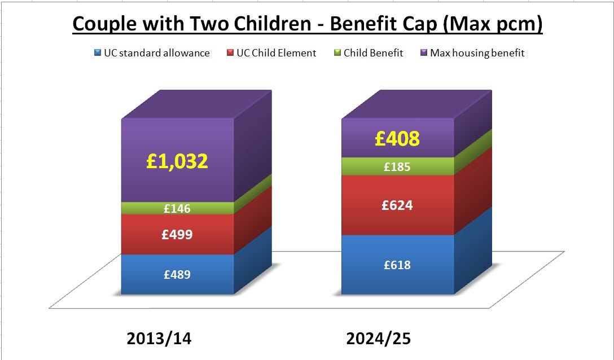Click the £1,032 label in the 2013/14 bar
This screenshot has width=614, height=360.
coord(177,161)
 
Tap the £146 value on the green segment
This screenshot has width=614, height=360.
coord(177,209)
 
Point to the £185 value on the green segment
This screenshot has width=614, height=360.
coord(397,166)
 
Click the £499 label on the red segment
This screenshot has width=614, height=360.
coord(177,234)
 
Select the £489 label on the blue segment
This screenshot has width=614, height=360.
coord(177,275)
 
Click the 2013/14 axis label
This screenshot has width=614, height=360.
coord(159,339)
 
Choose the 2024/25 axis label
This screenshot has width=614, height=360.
coord(378,339)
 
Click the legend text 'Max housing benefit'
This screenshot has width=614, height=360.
coord(477,53)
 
